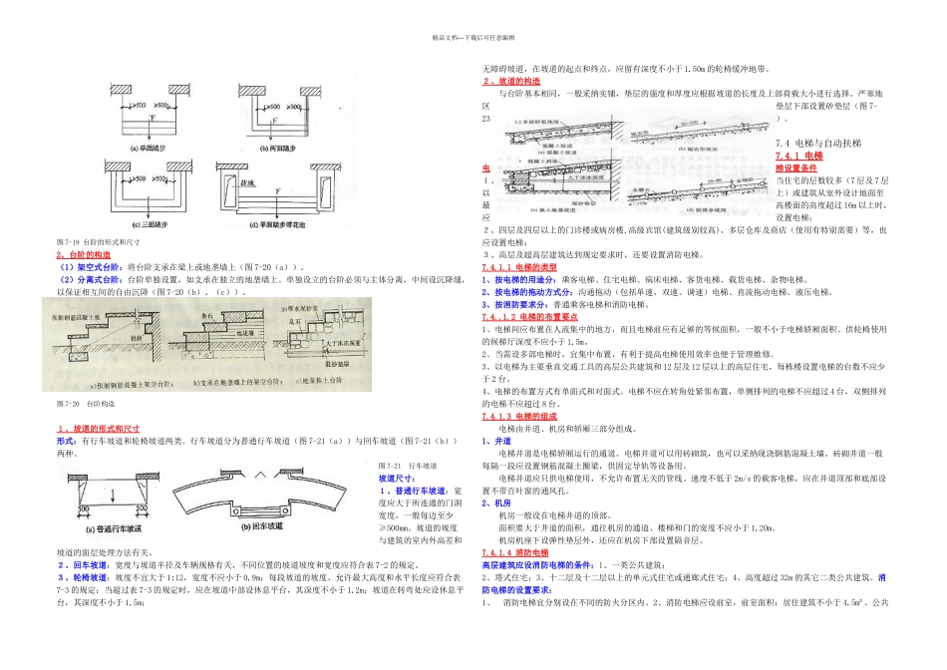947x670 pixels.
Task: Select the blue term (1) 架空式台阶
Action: click(92, 268)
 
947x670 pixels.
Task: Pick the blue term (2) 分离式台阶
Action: click(92, 280)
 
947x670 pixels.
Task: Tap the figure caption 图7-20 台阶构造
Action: click(86, 405)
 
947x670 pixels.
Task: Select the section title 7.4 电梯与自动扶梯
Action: click(817, 144)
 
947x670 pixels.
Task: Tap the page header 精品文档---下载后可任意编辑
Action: click(473, 38)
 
